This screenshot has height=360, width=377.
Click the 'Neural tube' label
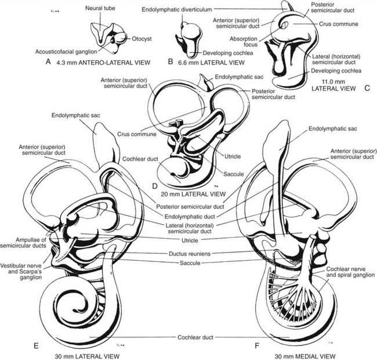100,8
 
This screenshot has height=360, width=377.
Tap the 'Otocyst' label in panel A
142,39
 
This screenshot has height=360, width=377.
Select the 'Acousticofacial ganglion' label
66,52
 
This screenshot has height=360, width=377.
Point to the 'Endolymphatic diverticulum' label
177,10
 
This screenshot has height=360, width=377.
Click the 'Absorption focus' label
244,41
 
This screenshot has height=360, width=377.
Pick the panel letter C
367,88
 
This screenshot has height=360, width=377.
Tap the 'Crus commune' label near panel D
136,134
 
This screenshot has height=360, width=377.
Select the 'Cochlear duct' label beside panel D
140,159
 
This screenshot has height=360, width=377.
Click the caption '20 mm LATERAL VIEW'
193,194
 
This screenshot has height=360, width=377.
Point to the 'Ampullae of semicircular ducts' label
23,243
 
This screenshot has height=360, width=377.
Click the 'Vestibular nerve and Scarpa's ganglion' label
21,271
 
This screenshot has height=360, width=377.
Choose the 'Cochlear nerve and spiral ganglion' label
350,272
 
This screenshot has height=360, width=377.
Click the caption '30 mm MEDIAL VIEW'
305,356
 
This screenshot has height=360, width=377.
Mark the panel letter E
36,346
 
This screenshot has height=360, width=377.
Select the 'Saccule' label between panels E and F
190,263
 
